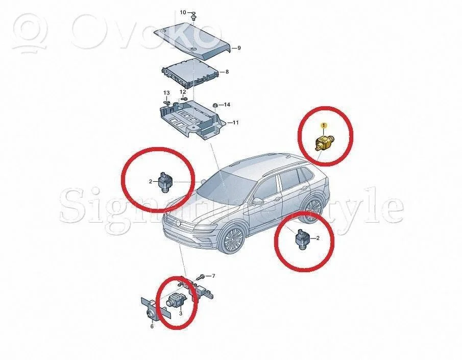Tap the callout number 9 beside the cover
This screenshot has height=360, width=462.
point(239,48)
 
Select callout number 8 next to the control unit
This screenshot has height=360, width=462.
point(227,71)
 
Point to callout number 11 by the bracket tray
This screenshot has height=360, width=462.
point(235,123)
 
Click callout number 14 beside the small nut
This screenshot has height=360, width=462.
point(227,105)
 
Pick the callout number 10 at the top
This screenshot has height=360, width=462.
point(183,12)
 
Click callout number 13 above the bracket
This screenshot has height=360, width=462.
point(166,93)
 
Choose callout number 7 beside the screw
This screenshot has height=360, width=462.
point(213,276)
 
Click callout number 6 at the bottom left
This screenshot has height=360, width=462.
point(152,326)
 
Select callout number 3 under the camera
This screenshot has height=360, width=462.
point(181,313)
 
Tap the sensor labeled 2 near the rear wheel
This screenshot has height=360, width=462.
point(302,239)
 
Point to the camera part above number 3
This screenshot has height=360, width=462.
point(175,300)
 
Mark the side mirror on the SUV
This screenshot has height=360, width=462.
point(258,202)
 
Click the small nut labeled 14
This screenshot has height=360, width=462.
point(215,105)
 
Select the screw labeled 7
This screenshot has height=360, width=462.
point(202,277)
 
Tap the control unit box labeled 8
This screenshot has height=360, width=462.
point(191,74)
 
